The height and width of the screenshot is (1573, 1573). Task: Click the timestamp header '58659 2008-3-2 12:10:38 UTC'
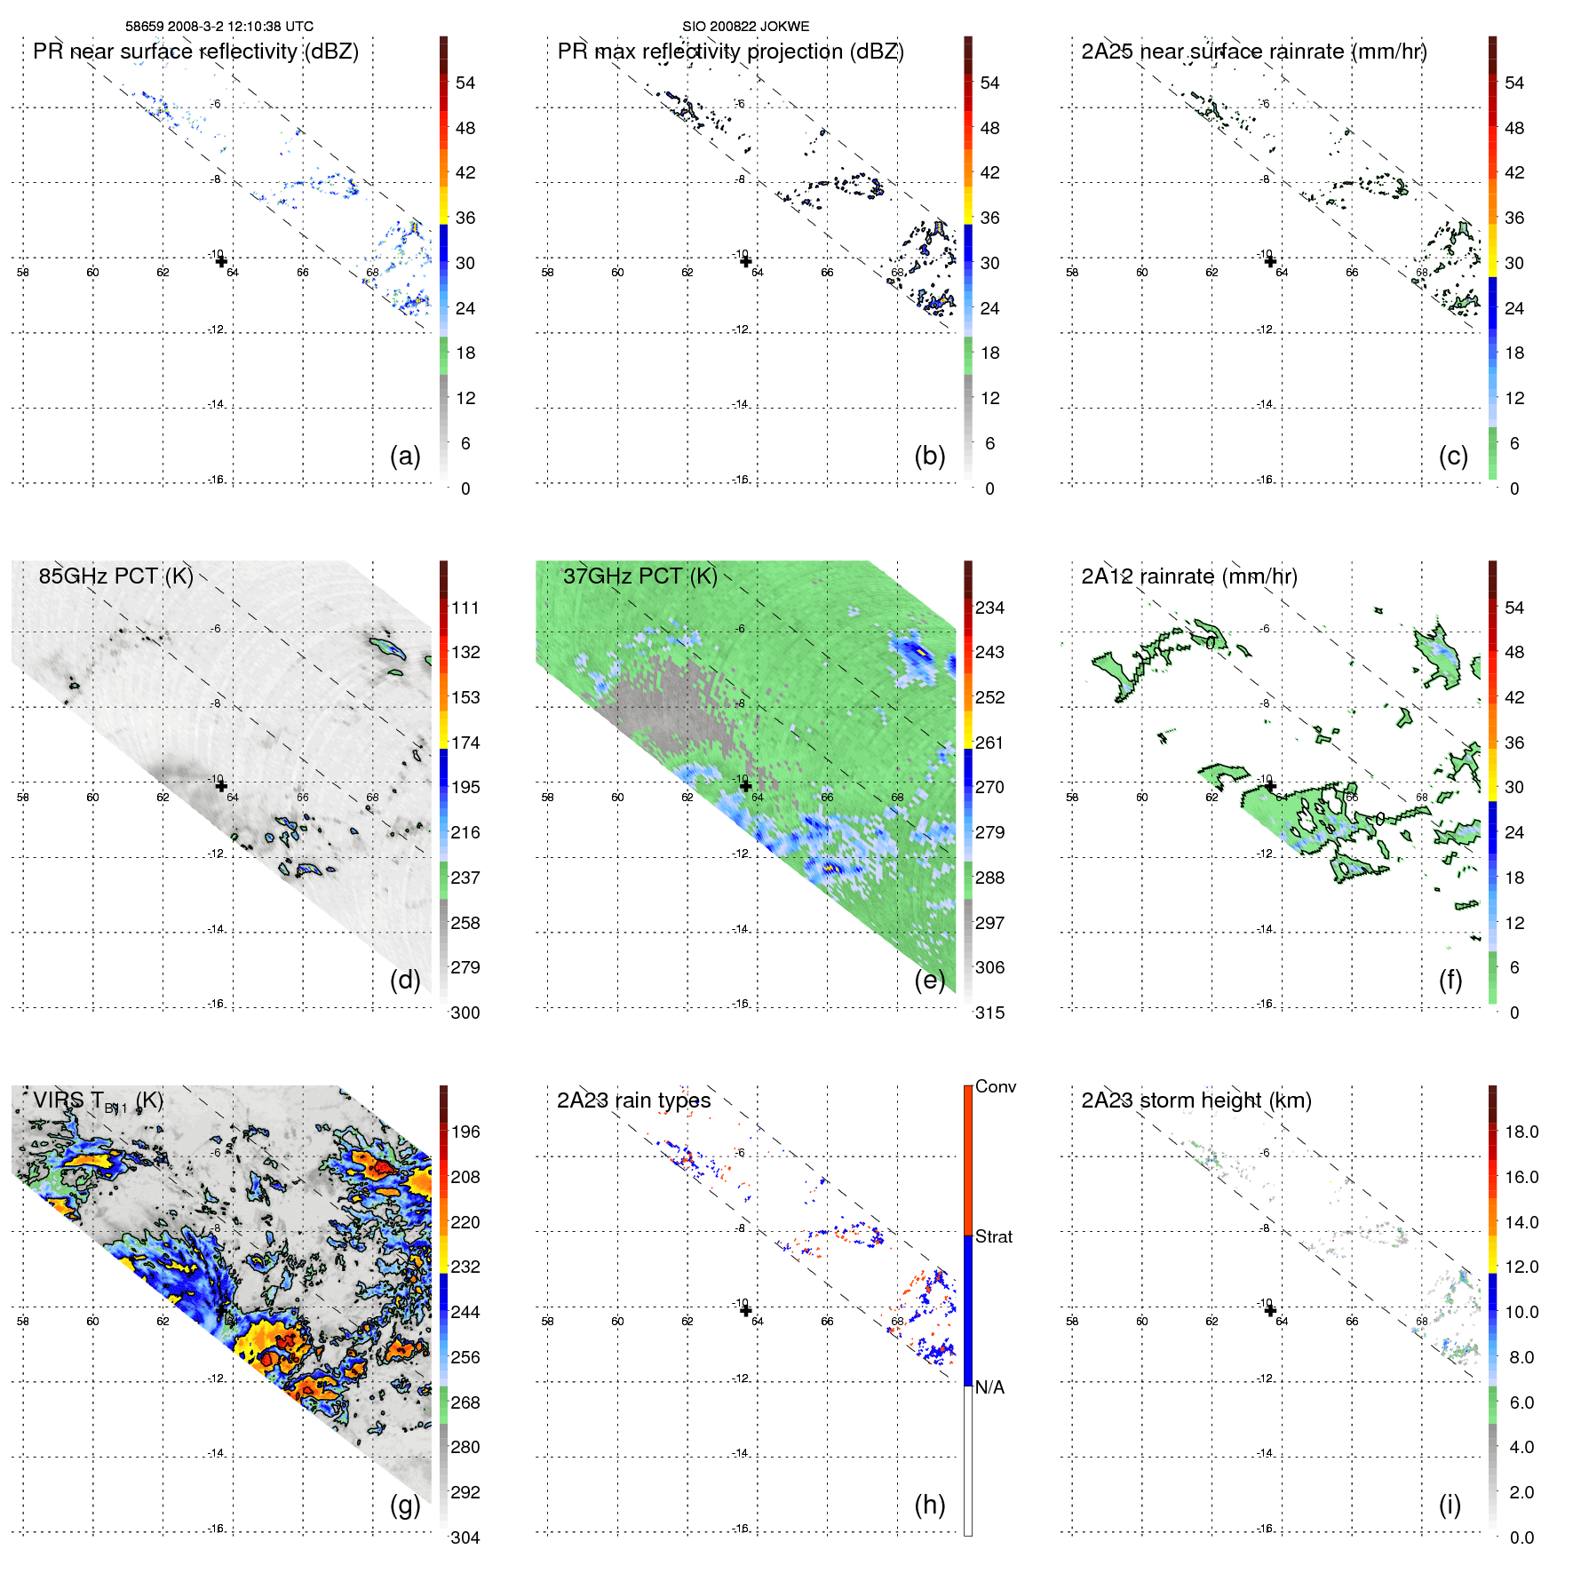coord(219,27)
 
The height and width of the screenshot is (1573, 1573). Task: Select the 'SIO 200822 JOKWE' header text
coord(745,27)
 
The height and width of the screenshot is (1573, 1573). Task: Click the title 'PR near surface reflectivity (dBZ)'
coord(195,52)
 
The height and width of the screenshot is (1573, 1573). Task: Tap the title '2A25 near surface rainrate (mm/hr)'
coord(1253,52)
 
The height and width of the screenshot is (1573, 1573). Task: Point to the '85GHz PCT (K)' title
coord(115,576)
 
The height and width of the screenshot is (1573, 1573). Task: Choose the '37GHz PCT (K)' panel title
coord(640,576)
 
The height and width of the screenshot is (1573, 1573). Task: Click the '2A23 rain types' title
coord(633,1100)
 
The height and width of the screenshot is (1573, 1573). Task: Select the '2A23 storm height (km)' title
coord(1196,1100)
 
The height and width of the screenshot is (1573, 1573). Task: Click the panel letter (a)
coord(405,457)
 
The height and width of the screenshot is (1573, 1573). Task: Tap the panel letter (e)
coord(929,981)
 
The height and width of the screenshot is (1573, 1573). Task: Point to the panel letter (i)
coord(1450,1505)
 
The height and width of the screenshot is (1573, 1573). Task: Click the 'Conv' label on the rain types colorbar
coord(995,1087)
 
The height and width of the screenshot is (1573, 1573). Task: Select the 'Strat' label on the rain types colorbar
coord(993,1237)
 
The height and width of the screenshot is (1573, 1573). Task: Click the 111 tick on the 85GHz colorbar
coord(465,608)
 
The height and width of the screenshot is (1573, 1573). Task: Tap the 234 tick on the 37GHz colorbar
coord(989,608)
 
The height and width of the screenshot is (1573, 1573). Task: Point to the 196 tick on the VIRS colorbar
coord(465,1132)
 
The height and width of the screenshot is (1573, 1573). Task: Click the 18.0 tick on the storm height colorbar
coord(1521,1132)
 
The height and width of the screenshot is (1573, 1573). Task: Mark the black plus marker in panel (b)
coord(745,261)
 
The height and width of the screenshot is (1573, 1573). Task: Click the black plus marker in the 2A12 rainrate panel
coord(1270,786)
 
